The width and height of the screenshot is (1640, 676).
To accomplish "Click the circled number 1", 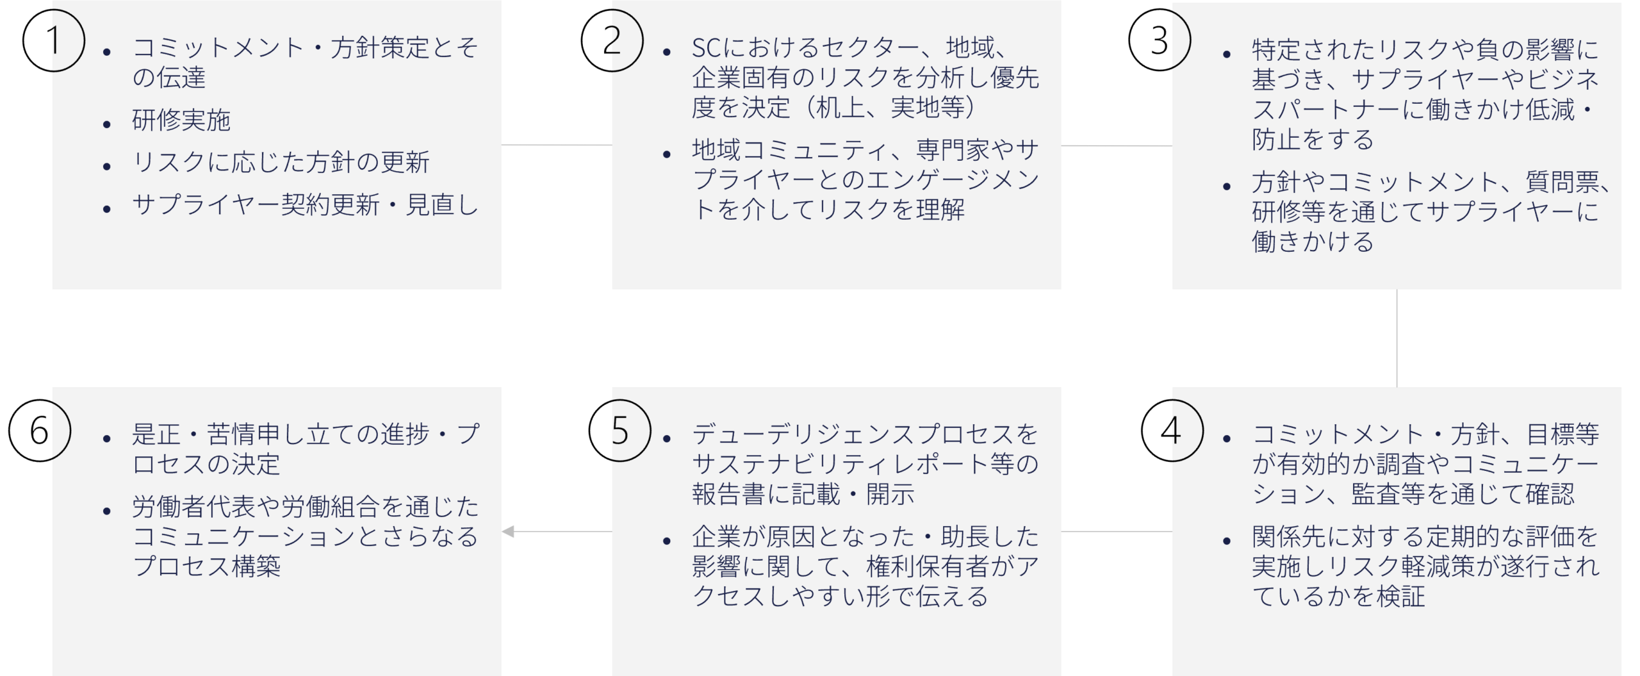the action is click(54, 40).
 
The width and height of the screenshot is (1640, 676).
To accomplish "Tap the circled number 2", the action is click(612, 40).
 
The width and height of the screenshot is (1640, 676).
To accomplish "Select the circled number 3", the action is click(1160, 40).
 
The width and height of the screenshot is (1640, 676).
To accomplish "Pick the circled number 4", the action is click(1172, 430).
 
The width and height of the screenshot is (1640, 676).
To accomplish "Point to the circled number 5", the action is click(619, 430).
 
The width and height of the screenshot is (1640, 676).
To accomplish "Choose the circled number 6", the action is click(40, 430).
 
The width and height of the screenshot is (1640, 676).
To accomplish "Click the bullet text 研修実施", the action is click(181, 120).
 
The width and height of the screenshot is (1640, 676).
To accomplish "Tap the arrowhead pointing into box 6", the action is click(508, 531).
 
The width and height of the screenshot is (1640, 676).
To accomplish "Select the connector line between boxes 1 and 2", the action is click(557, 145).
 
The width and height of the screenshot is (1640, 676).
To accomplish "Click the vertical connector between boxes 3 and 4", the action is click(1397, 338).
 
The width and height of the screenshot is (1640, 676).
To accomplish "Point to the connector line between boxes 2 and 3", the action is click(1117, 145).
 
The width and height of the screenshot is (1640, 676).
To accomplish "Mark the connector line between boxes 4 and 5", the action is click(1117, 531).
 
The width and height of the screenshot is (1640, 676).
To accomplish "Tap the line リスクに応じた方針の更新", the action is click(281, 162).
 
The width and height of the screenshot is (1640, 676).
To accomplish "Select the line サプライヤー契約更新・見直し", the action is click(306, 204).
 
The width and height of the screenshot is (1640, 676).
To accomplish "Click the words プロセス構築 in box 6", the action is click(206, 566).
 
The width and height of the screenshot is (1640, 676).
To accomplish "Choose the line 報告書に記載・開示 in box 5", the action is click(803, 494).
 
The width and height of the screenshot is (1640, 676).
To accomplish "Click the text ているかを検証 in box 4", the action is click(1339, 596).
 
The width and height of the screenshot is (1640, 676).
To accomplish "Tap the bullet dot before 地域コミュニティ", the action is click(667, 154).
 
